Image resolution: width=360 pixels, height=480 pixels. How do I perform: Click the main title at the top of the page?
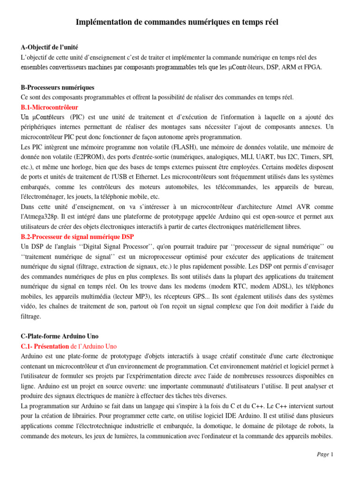[x=180, y=22]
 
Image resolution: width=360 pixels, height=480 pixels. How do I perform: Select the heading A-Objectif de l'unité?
[x=50, y=47]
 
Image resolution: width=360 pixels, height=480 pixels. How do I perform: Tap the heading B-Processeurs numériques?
[x=58, y=87]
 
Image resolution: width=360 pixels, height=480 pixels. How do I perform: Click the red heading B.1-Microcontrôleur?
[x=50, y=107]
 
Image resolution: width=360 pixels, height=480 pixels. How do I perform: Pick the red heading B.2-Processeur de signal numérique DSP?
[x=77, y=237]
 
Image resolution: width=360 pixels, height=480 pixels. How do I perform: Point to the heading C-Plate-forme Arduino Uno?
[x=60, y=336]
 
